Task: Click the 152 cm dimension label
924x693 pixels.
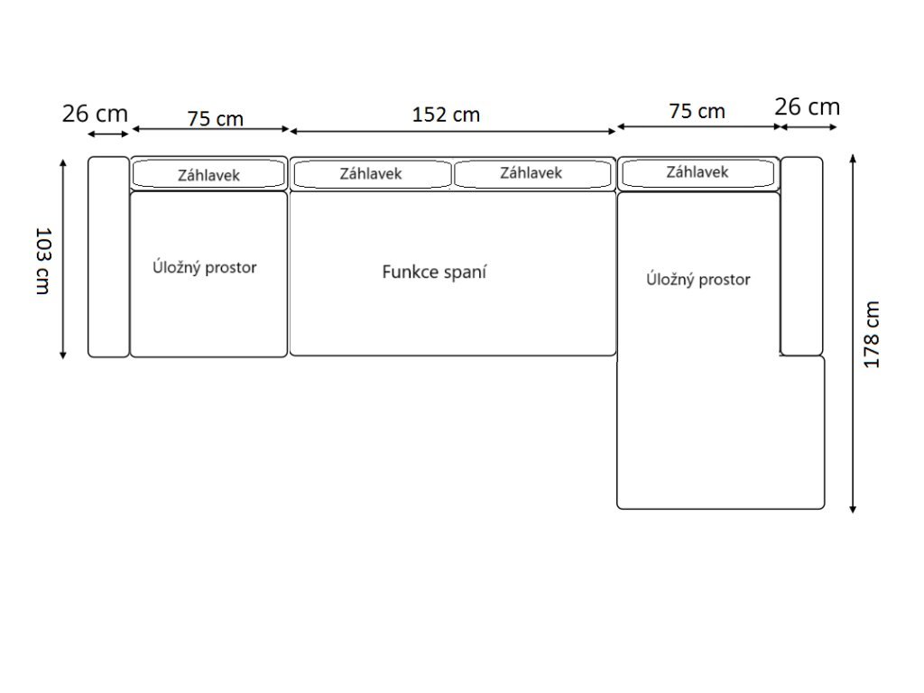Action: [446, 115]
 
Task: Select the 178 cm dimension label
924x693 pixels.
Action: [872, 334]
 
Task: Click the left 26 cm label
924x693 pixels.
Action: [95, 114]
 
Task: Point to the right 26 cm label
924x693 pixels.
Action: [807, 106]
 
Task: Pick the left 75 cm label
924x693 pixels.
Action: [215, 118]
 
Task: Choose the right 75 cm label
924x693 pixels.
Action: [697, 111]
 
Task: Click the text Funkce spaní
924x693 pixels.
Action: [434, 272]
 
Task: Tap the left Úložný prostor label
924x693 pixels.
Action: [204, 268]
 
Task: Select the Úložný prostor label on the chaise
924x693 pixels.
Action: [698, 280]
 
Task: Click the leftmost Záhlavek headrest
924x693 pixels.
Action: [208, 174]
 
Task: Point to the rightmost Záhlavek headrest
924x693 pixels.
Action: [698, 172]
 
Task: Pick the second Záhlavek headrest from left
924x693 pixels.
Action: [371, 173]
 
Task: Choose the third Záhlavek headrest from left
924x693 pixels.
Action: [531, 173]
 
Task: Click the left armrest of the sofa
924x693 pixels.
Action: [108, 256]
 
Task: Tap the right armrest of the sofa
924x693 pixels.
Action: [801, 256]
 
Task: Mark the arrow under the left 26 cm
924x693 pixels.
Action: [108, 134]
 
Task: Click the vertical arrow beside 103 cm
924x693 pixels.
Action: [63, 259]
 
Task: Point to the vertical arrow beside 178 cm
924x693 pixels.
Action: [853, 333]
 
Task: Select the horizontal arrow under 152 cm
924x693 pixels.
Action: [452, 131]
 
